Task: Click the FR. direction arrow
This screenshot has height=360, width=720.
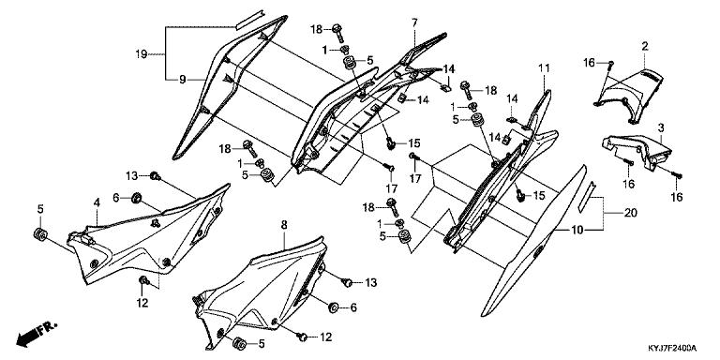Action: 37,334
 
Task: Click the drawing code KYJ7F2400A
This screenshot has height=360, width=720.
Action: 672,348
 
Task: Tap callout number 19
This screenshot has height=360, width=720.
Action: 142,54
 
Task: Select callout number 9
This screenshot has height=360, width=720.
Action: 182,80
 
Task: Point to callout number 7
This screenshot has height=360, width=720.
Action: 414,22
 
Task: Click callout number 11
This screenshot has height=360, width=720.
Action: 544,68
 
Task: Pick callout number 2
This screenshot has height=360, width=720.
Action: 645,46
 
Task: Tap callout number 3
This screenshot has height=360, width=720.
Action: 661,127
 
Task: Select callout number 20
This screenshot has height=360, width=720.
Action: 630,213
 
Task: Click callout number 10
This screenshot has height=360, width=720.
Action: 577,230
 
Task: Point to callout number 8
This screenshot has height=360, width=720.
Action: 284,225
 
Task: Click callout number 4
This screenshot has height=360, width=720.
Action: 97,202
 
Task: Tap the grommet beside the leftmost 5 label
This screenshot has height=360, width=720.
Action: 40,233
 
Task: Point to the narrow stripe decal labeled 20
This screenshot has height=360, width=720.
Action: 587,196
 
